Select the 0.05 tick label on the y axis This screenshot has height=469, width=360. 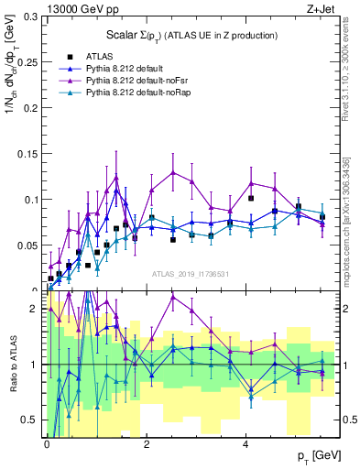31,245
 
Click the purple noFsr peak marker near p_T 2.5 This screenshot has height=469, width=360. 173,171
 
